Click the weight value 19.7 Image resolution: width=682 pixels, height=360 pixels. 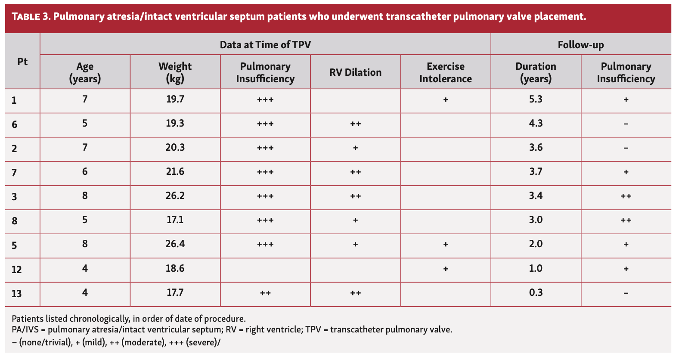[x=175, y=99]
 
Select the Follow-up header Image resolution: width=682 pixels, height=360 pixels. [x=580, y=45]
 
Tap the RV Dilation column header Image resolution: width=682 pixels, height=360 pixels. [x=355, y=72]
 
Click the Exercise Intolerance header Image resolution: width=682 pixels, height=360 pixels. [x=445, y=72]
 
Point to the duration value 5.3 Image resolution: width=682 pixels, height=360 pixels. [x=536, y=99]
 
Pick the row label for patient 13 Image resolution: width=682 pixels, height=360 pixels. [x=16, y=294]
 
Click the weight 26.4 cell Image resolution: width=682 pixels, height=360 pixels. [x=175, y=244]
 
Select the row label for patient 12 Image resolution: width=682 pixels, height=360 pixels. [x=16, y=270]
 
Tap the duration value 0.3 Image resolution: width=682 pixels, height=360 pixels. [x=536, y=293]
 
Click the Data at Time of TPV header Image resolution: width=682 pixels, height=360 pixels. [x=265, y=45]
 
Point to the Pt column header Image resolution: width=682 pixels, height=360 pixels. [x=22, y=62]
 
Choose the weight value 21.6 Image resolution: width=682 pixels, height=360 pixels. [x=175, y=172]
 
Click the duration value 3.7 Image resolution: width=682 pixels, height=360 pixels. [x=536, y=172]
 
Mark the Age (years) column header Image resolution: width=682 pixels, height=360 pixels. [x=85, y=72]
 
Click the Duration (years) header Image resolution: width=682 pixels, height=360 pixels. [x=536, y=72]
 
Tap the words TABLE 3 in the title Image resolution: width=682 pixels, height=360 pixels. [x=31, y=17]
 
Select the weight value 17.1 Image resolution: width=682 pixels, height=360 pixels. [x=175, y=220]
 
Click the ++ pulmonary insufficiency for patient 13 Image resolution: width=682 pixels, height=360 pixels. [x=265, y=293]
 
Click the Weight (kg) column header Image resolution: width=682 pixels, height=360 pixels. [x=175, y=72]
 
